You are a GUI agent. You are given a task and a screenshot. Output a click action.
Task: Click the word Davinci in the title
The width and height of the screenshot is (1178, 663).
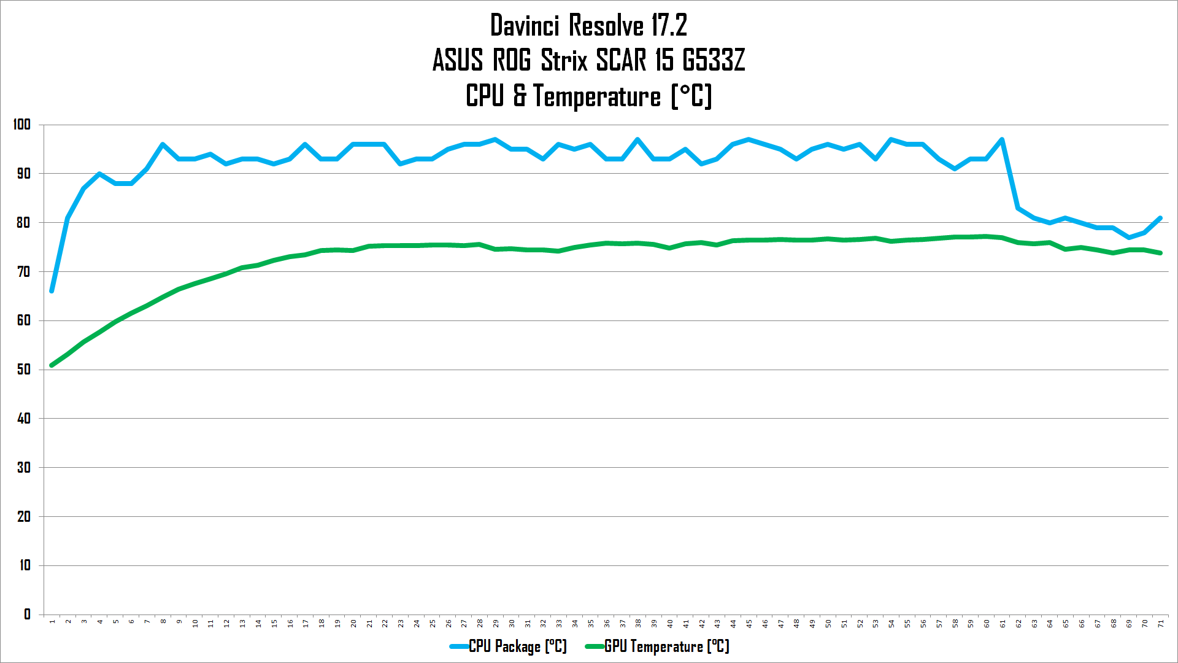(525, 26)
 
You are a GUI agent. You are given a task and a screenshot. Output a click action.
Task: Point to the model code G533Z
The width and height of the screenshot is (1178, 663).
(714, 60)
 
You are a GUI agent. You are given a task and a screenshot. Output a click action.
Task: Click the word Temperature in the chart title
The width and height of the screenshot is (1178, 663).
(597, 96)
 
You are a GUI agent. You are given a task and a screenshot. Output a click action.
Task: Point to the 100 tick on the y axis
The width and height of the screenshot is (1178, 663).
(22, 125)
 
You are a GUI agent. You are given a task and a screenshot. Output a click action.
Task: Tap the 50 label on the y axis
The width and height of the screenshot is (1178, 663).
(23, 370)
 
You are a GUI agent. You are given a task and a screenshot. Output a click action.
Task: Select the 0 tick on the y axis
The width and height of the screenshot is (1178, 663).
(27, 614)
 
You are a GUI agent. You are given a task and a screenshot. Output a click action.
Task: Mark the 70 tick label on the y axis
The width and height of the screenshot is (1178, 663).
(23, 271)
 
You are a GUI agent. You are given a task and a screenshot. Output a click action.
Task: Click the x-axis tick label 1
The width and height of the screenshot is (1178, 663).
(52, 622)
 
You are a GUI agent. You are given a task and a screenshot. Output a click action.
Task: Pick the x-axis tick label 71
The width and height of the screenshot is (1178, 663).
(1161, 623)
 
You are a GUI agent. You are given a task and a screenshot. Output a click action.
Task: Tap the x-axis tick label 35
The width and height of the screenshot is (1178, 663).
(591, 623)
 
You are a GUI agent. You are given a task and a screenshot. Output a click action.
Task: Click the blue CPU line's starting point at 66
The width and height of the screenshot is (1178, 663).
(52, 291)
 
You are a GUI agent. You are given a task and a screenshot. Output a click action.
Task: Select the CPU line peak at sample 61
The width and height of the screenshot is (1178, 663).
(1002, 140)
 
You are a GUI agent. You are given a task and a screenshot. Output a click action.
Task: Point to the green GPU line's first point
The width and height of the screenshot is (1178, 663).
(52, 365)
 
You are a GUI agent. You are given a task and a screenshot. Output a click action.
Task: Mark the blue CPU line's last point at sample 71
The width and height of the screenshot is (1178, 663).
(1160, 218)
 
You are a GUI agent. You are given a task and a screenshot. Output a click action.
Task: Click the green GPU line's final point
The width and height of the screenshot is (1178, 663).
(1160, 253)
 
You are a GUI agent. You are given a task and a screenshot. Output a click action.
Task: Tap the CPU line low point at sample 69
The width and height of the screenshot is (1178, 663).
(1129, 238)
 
